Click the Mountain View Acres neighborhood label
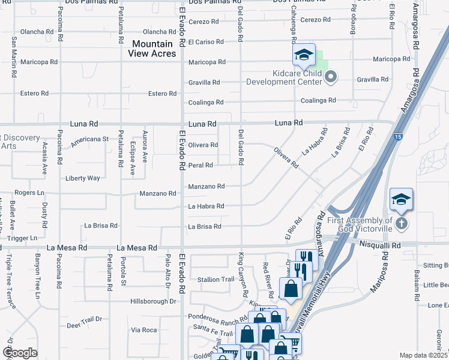[152, 49]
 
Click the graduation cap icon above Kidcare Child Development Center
[304, 55]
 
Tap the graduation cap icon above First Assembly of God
[401, 200]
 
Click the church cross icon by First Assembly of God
[402, 224]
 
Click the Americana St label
[89, 139]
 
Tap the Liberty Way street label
[82, 178]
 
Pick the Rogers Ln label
[30, 193]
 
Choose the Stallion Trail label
[215, 280]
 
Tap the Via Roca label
[144, 330]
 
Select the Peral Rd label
[200, 165]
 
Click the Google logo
[20, 353]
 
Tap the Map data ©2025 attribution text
[423, 355]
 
